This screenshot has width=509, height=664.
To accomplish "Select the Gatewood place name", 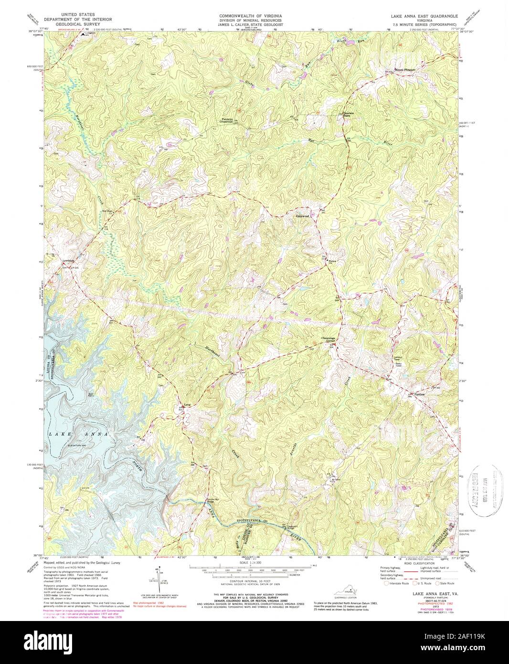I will (x=303, y=216).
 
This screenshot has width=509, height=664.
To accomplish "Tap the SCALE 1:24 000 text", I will (x=254, y=564).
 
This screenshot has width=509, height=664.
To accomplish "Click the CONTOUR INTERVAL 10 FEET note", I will (x=254, y=580).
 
